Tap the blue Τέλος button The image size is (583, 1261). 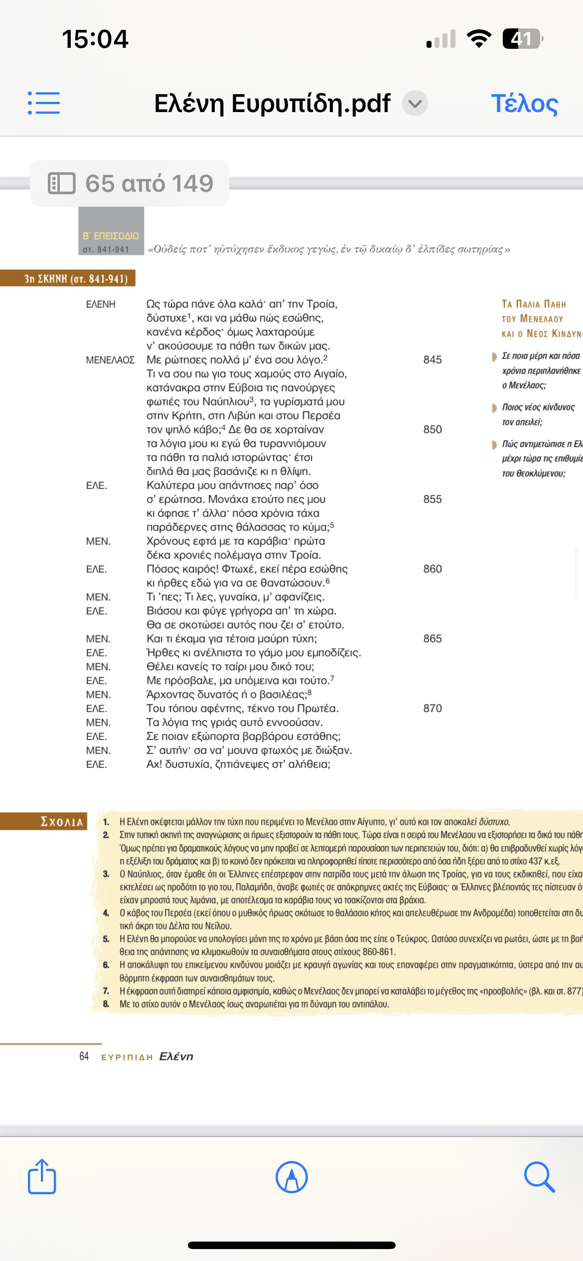(524, 104)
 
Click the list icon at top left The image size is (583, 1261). (44, 103)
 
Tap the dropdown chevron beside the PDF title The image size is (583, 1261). (415, 104)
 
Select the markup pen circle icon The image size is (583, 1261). (291, 1177)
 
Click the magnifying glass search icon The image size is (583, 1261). (539, 1177)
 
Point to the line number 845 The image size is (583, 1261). (433, 360)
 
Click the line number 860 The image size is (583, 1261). (433, 569)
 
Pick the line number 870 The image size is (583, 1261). (433, 708)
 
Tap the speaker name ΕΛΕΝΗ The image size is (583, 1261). (101, 304)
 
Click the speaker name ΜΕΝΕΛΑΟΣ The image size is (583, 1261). (110, 360)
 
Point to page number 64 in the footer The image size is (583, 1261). (84, 1056)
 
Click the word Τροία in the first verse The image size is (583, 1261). (321, 304)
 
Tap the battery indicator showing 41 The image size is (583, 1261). (522, 39)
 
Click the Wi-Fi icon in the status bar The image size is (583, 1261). (479, 39)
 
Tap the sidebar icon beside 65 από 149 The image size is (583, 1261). (62, 183)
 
